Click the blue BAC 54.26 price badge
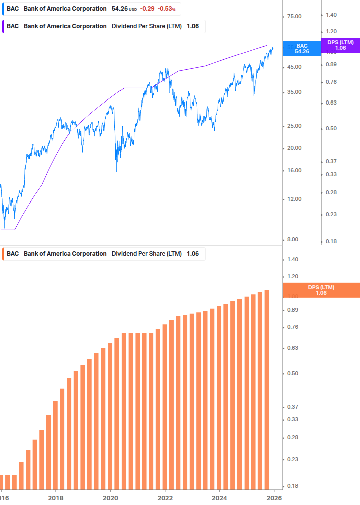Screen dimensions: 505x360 [x=302, y=48]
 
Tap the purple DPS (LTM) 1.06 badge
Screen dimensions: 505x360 [x=340, y=45]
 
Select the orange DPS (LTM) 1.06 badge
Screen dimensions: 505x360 [x=321, y=290]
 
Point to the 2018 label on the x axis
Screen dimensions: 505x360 [x=55, y=498]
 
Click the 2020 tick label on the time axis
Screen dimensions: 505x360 [x=110, y=498]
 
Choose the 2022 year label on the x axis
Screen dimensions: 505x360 [x=165, y=498]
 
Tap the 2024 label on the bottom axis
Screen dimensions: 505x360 [x=219, y=498]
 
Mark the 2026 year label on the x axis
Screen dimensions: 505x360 [x=274, y=498]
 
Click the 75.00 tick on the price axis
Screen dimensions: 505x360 [x=294, y=17]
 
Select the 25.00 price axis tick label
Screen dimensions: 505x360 [x=294, y=126]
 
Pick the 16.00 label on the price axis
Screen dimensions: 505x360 [x=294, y=171]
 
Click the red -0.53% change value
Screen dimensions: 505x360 [x=167, y=9]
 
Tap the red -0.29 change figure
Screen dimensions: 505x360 [x=147, y=9]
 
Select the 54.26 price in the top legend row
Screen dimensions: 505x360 [x=119, y=9]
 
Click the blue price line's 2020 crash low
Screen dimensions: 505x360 [x=116, y=171]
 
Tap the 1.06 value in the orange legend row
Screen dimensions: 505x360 [x=193, y=254]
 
